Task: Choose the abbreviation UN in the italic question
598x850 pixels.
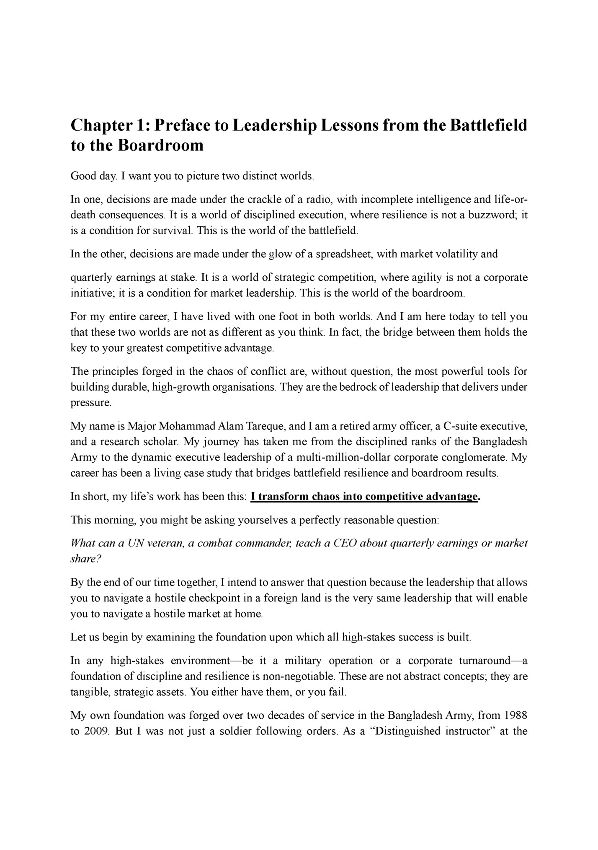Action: [x=136, y=544]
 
